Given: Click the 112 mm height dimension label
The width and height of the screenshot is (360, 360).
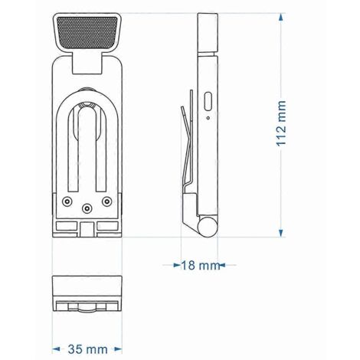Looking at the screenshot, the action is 281,123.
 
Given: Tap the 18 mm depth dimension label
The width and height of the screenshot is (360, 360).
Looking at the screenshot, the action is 201,265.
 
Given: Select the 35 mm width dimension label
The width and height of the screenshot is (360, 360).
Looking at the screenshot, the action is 87,349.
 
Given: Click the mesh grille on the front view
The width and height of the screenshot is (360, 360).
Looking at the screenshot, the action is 87,32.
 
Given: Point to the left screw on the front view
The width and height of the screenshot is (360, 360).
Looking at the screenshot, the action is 67,201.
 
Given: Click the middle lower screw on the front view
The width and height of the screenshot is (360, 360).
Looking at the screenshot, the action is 87,208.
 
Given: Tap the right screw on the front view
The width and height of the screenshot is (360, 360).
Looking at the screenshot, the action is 106,201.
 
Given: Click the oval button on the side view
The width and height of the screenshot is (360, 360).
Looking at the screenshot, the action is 208,101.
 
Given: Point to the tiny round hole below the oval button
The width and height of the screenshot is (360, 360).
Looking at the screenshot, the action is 208,118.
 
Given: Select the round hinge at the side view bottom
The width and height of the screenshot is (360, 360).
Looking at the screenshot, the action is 208,227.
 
